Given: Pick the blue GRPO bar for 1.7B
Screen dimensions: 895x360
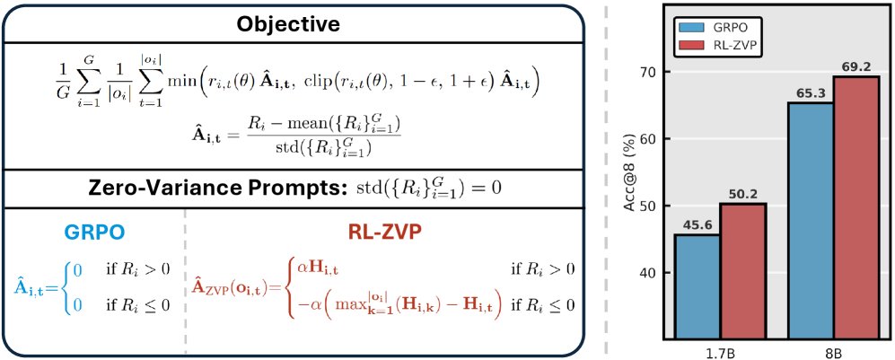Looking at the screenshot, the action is pos(697,287).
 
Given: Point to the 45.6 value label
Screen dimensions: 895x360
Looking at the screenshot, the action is pos(697,227).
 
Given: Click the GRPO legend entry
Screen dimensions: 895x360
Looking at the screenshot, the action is pos(714,27).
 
